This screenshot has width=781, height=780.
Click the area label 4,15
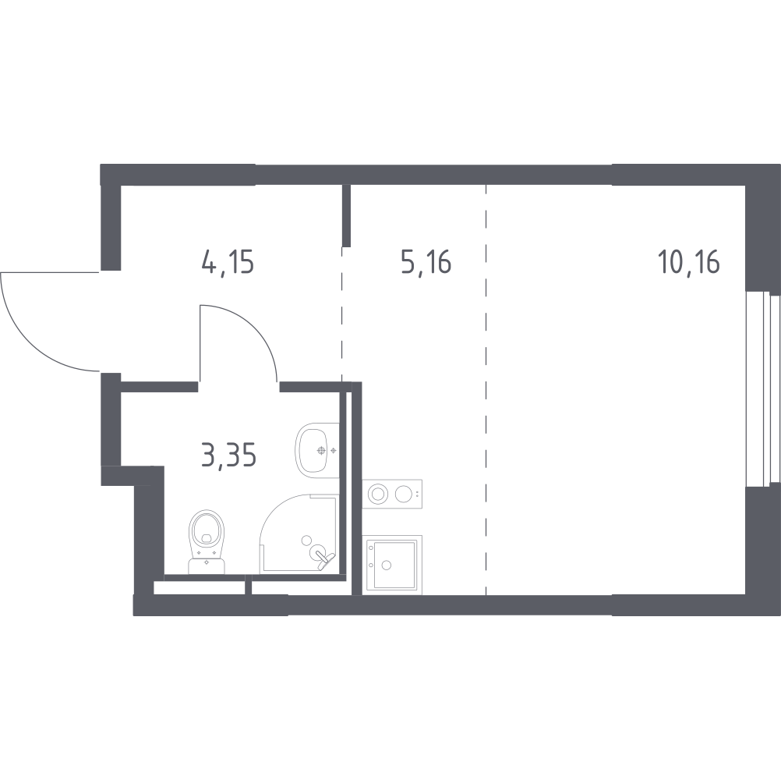tap(228, 263)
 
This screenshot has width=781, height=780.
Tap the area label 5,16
tap(426, 263)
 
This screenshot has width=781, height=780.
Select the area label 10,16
tap(689, 263)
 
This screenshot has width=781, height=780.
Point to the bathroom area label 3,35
tap(228, 456)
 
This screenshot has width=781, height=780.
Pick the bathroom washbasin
tap(317, 451)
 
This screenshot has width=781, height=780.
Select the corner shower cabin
tap(299, 534)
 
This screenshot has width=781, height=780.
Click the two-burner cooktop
tap(392, 494)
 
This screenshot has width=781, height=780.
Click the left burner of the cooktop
tap(378, 494)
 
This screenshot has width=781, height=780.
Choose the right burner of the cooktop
tap(404, 494)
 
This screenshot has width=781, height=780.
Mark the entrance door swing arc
tap(30, 342)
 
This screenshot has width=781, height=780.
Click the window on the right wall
tap(762, 389)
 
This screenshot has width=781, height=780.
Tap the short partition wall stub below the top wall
tap(346, 215)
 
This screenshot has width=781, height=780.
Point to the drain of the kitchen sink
tap(387, 565)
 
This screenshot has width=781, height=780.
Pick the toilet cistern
tap(207, 565)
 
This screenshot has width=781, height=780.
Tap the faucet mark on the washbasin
tap(321, 451)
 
